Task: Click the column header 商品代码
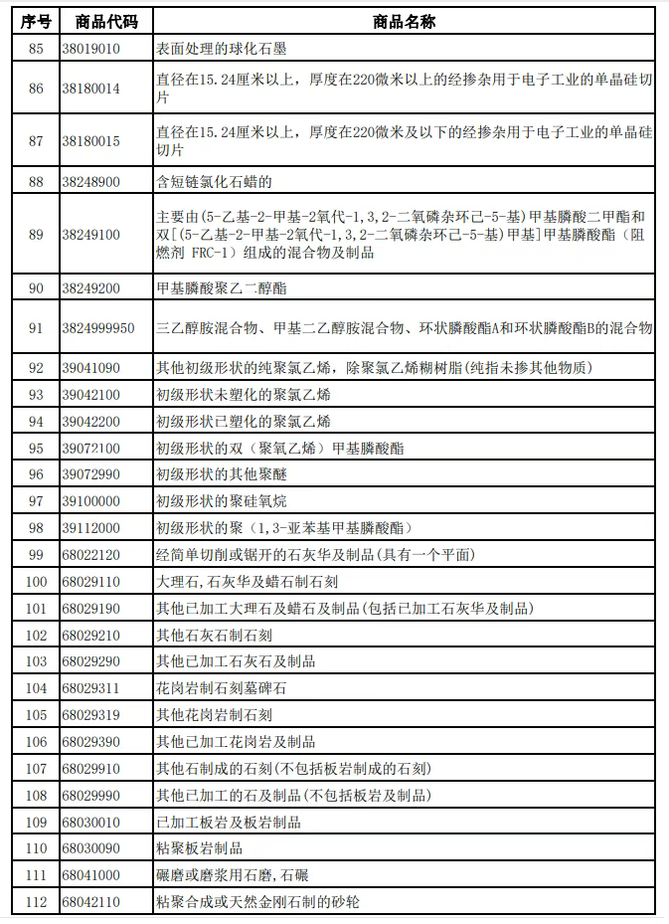click(x=99, y=21)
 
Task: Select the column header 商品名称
click(x=404, y=21)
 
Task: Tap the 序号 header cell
click(x=35, y=21)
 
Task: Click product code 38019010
click(x=90, y=48)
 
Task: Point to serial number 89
click(x=37, y=235)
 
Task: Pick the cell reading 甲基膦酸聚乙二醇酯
click(x=221, y=288)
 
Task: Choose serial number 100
click(x=37, y=581)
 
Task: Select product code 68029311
click(x=90, y=687)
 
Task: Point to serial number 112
click(x=37, y=901)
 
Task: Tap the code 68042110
click(x=90, y=901)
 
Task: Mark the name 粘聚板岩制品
click(x=200, y=848)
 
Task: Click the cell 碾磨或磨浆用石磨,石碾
click(x=233, y=875)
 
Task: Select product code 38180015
click(x=90, y=141)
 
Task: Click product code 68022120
click(x=90, y=554)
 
